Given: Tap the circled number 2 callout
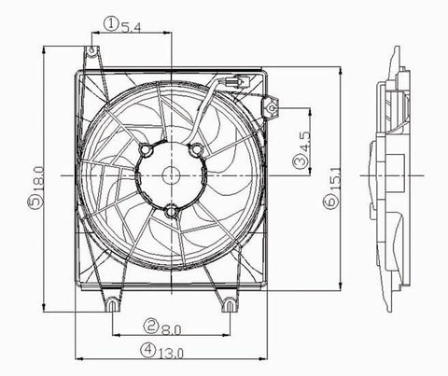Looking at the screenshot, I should click(x=150, y=327).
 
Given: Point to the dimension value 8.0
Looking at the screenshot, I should click(x=171, y=327).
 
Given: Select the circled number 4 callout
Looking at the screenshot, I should click(x=150, y=352).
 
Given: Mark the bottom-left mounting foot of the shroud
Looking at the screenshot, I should click(x=112, y=302).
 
